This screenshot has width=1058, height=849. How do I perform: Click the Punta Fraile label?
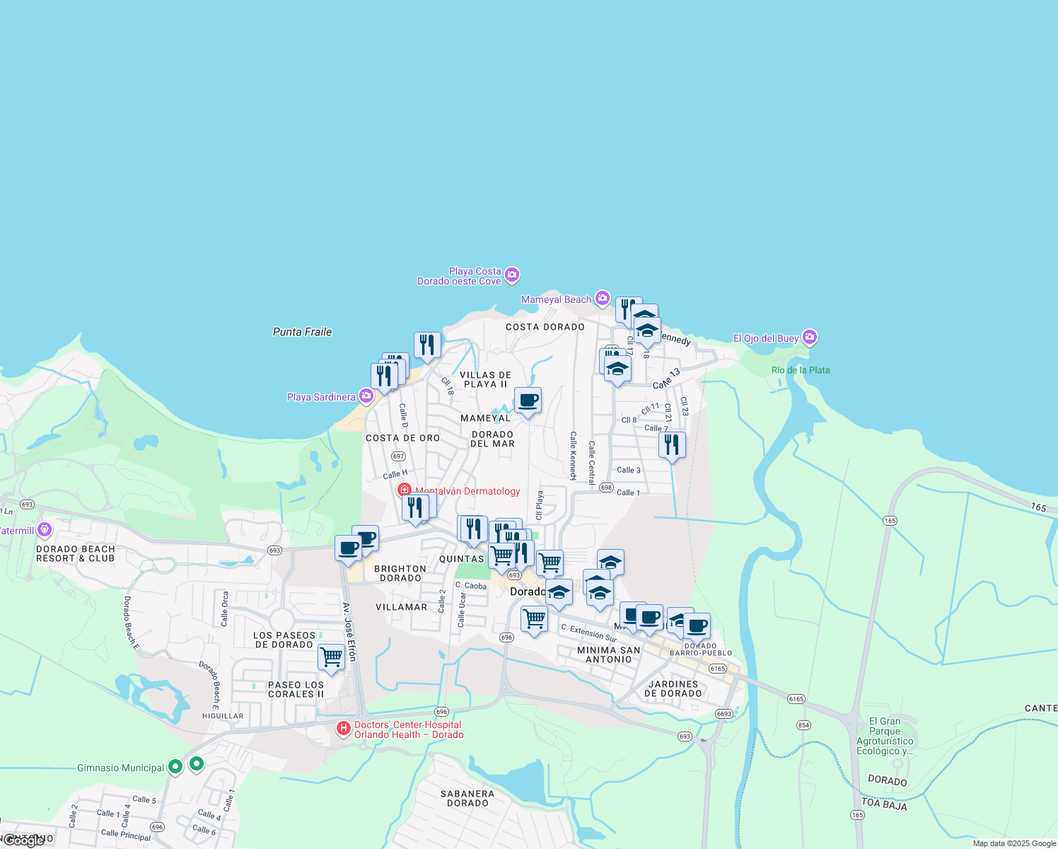click(302, 332)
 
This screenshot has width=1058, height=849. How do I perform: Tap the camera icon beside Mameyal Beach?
click(603, 298)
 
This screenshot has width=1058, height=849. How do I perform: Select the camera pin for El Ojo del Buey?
click(810, 337)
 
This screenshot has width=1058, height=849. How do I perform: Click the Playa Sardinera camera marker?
click(366, 395)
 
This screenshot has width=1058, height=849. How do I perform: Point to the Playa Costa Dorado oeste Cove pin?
click(512, 275)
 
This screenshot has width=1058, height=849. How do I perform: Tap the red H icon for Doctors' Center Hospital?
click(343, 728)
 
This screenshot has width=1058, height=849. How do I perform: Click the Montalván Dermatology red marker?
click(405, 490)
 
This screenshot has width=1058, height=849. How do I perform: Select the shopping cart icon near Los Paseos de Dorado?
click(331, 657)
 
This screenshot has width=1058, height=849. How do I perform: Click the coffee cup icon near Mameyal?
click(528, 400)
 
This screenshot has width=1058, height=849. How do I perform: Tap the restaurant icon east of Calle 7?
click(672, 444)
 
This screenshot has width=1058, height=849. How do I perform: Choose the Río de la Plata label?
click(801, 370)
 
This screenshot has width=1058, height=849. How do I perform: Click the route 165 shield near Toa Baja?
click(858, 815)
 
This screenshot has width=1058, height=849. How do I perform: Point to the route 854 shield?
click(803, 724)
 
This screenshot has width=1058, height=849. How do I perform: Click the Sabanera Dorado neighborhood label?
click(467, 798)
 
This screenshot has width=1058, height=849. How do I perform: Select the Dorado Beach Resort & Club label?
click(75, 553)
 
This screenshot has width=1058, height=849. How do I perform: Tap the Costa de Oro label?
click(402, 438)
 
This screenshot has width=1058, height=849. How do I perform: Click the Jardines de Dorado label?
click(673, 688)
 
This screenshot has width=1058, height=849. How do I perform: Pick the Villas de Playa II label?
click(485, 379)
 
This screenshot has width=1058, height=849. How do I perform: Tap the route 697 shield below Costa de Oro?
click(398, 456)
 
